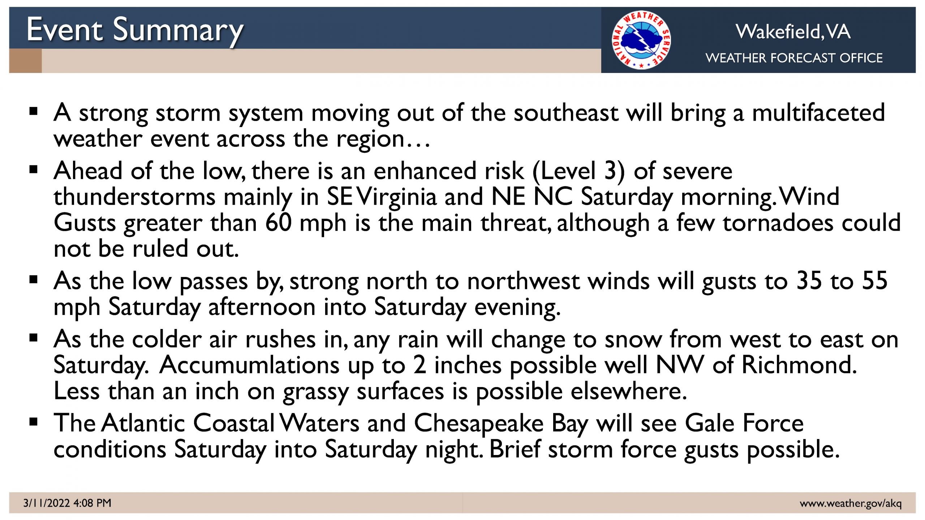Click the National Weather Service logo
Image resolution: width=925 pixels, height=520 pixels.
click(x=641, y=40)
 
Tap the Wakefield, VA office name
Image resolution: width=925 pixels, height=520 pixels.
click(x=793, y=32)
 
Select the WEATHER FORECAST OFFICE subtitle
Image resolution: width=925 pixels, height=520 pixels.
click(x=794, y=58)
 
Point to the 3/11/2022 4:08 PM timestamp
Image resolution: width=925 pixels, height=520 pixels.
click(x=67, y=503)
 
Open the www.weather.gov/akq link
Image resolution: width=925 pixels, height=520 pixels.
click(x=851, y=503)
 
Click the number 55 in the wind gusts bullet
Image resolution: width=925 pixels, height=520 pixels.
click(x=875, y=281)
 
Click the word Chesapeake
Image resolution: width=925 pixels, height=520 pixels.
click(x=479, y=424)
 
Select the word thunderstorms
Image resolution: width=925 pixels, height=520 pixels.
click(x=134, y=197)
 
